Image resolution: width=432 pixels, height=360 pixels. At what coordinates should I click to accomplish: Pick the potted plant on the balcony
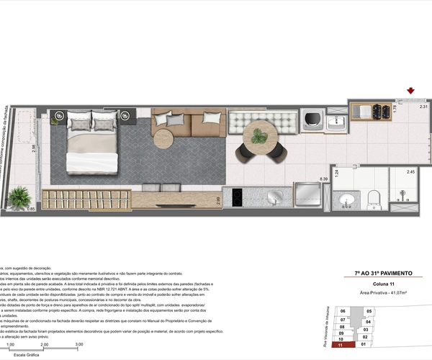click(x=19, y=197)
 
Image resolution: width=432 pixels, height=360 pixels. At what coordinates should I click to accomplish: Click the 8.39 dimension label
click(x=324, y=179)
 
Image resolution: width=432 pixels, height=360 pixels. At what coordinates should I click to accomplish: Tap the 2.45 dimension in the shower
click(x=410, y=172)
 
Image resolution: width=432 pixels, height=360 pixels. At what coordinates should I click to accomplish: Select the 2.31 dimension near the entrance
click(x=423, y=107)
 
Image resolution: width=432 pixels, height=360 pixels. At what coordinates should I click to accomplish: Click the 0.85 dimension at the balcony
click(x=30, y=209)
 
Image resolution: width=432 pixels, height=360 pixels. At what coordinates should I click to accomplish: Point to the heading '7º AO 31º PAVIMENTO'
click(x=383, y=274)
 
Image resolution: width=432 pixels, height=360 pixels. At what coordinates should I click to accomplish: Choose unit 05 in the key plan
click(x=369, y=311)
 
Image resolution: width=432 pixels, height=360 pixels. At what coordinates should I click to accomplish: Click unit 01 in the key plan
click(x=365, y=344)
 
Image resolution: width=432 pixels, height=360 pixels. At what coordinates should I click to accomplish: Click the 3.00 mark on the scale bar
click(x=78, y=344)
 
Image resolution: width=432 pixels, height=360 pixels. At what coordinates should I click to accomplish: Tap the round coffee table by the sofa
click(x=163, y=138)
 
